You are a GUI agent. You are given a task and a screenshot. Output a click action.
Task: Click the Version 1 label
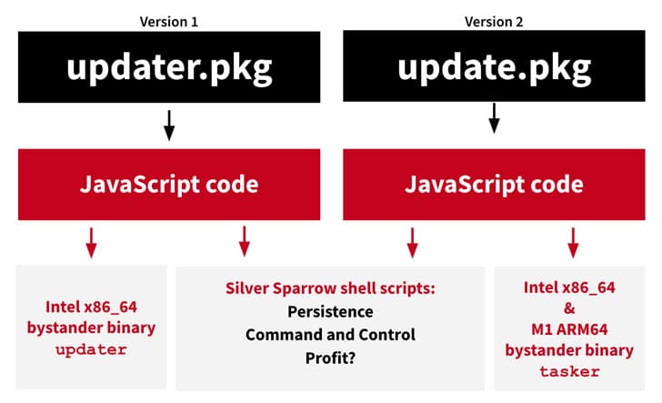point(169,22)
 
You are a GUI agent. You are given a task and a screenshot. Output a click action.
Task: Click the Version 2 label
point(494,22)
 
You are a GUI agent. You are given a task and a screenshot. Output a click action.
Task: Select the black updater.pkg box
point(169,66)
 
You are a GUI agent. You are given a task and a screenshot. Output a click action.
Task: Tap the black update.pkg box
point(494,65)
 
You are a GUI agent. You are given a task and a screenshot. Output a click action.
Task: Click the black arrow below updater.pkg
point(169,126)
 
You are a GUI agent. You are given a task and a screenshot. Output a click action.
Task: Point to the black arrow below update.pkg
point(494,118)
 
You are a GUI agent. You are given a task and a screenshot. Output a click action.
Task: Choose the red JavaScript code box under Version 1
point(169,185)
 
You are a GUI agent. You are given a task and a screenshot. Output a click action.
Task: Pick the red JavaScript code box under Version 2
point(494,185)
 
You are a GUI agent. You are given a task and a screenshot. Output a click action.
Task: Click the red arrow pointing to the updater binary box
point(91,243)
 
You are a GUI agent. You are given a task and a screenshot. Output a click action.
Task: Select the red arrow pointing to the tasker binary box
point(573,243)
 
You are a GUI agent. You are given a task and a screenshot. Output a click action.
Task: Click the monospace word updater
point(91,349)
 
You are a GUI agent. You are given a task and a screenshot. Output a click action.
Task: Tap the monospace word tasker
point(569,372)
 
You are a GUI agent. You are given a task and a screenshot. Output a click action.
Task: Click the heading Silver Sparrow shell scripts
point(330,288)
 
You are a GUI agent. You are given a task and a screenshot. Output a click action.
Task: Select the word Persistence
point(330,312)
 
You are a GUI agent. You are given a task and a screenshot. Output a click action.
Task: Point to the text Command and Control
point(330,335)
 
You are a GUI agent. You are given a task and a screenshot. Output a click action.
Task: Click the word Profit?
point(330,358)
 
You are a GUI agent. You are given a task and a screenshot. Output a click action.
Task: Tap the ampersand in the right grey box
point(569,308)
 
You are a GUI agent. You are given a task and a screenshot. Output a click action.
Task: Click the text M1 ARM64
point(569,329)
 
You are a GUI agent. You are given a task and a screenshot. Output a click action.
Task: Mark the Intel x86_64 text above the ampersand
point(569,287)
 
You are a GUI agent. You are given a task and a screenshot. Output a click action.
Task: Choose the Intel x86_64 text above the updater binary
point(91,307)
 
